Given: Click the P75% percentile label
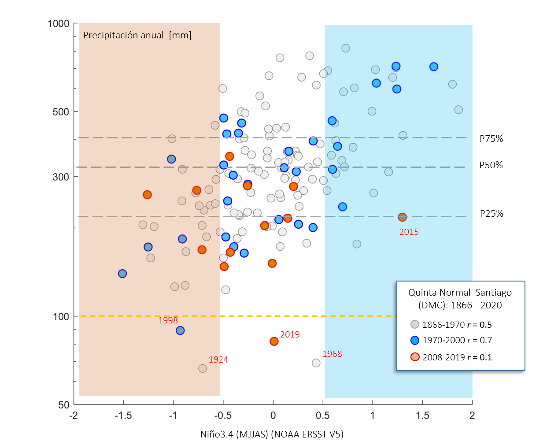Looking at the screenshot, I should (x=491, y=139).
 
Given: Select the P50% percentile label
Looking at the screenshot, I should (x=491, y=165).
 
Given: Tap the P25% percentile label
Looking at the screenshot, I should (x=491, y=214).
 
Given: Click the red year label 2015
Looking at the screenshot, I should (x=409, y=232).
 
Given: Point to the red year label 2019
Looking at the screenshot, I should (x=290, y=335).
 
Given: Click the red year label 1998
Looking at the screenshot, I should (x=168, y=321).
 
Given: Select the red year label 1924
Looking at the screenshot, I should (x=218, y=360).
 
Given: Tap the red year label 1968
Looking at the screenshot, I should (x=332, y=354).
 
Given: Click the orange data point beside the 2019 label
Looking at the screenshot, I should (x=274, y=341).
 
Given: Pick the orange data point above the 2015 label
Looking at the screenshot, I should (x=402, y=217).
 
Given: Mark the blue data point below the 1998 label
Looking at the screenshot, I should (x=180, y=330).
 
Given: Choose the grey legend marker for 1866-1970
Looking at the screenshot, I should (x=414, y=325).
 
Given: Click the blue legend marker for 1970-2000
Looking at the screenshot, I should (x=414, y=340).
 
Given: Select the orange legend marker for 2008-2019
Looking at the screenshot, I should (x=414, y=357).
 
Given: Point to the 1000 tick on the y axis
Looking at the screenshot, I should (x=59, y=24).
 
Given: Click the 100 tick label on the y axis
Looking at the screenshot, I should (x=61, y=317).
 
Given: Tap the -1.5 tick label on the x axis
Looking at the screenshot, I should (x=123, y=415).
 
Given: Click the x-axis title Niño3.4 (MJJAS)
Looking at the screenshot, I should (x=272, y=434).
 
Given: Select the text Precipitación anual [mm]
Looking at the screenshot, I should (x=137, y=36).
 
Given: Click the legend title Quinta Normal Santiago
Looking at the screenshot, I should (x=460, y=293).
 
